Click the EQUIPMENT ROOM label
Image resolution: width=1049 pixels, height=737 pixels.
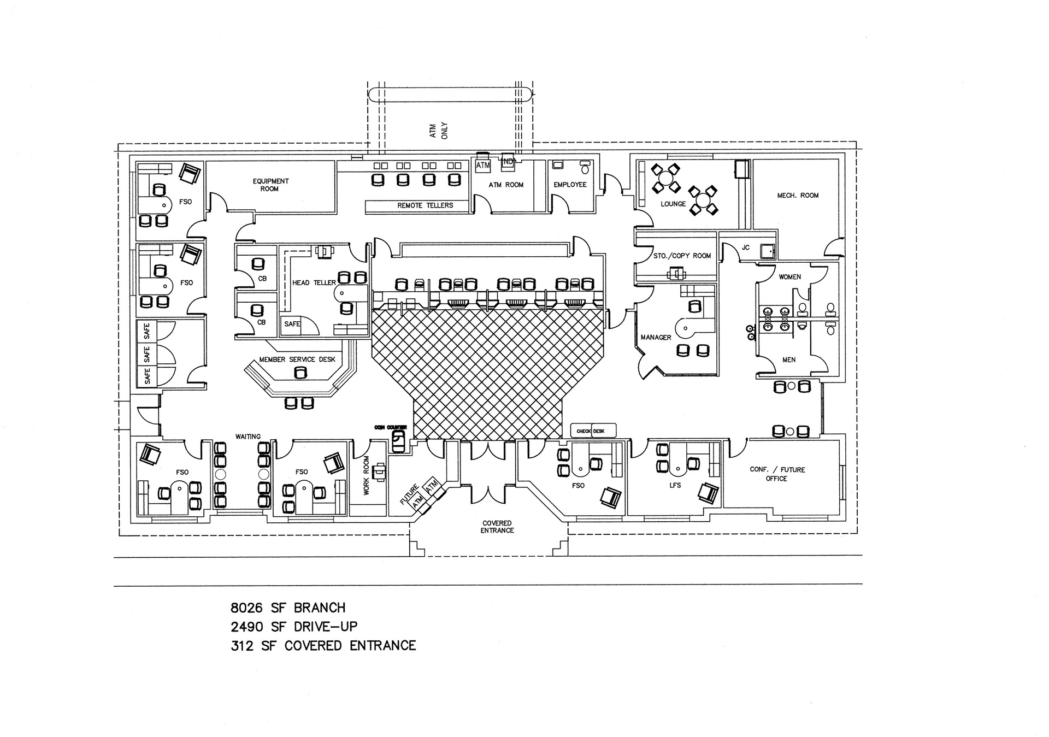pyautogui.click(x=270, y=185)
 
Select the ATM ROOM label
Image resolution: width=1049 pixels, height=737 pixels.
pyautogui.click(x=506, y=185)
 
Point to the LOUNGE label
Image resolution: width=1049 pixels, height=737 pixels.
pyautogui.click(x=673, y=204)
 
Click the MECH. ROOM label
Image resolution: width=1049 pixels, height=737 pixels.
pyautogui.click(x=798, y=195)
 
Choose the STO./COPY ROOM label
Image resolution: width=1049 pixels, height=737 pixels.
pyautogui.click(x=682, y=256)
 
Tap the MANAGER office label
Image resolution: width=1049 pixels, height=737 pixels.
pyautogui.click(x=656, y=338)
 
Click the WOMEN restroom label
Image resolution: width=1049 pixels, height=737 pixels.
pyautogui.click(x=789, y=277)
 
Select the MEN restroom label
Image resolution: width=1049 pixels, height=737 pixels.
pyautogui.click(x=789, y=360)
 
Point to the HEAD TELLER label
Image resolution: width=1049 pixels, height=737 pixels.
pyautogui.click(x=314, y=283)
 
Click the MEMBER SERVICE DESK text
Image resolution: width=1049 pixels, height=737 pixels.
pyautogui.click(x=297, y=359)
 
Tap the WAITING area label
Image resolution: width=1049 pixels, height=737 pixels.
pyautogui.click(x=248, y=437)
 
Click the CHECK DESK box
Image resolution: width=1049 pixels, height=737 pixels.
pyautogui.click(x=593, y=431)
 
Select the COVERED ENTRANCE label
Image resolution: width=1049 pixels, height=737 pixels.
pyautogui.click(x=497, y=527)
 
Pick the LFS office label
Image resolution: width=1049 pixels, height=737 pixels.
pyautogui.click(x=675, y=485)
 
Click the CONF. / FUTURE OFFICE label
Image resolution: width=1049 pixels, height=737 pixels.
pyautogui.click(x=777, y=474)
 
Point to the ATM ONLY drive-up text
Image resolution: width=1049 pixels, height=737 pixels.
pyautogui.click(x=438, y=131)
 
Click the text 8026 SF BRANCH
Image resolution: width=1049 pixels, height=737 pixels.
pyautogui.click(x=288, y=608)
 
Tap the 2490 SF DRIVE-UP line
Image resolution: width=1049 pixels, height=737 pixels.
pyautogui.click(x=294, y=627)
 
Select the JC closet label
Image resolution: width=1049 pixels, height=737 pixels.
pyautogui.click(x=745, y=247)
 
